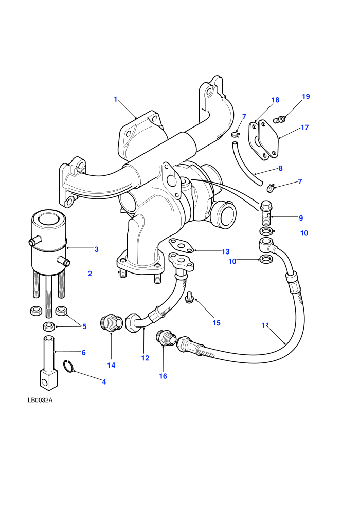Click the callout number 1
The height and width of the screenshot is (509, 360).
(115, 99)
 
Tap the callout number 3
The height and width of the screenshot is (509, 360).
(96, 249)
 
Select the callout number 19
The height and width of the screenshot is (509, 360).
(306, 96)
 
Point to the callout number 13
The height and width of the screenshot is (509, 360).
(226, 251)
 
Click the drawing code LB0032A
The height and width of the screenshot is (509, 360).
(40, 400)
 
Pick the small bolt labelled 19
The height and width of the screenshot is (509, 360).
(280, 119)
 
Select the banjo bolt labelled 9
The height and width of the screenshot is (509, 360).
(266, 213)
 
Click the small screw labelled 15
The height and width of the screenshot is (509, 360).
(189, 298)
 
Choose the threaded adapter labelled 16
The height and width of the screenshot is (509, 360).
(166, 339)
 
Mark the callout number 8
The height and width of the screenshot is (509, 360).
(280, 168)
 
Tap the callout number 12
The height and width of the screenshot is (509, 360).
(145, 358)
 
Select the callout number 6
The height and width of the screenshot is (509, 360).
(83, 352)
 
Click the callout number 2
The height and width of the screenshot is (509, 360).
(90, 274)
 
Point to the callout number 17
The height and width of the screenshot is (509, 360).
(304, 128)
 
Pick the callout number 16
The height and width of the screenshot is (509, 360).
(163, 376)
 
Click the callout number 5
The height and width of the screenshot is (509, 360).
(84, 326)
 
